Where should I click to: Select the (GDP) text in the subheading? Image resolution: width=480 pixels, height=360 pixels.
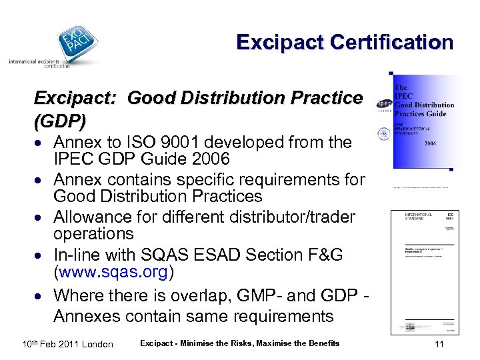(x=60, y=121)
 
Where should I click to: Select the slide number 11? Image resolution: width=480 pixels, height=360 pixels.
(x=439, y=344)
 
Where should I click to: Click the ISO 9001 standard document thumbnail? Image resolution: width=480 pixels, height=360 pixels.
(x=424, y=272)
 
